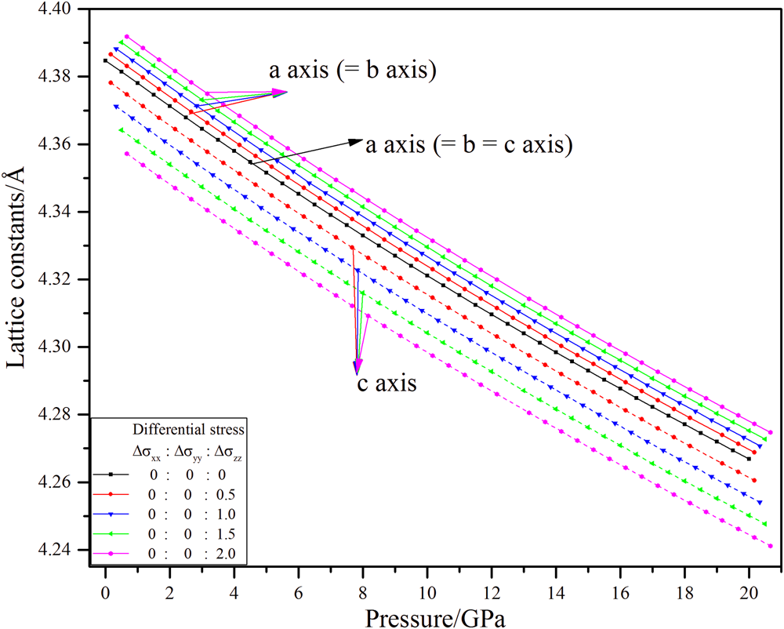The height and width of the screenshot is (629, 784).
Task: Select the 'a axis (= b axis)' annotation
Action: [x=353, y=71]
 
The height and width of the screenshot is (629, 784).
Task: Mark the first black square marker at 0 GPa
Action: [x=105, y=60]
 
